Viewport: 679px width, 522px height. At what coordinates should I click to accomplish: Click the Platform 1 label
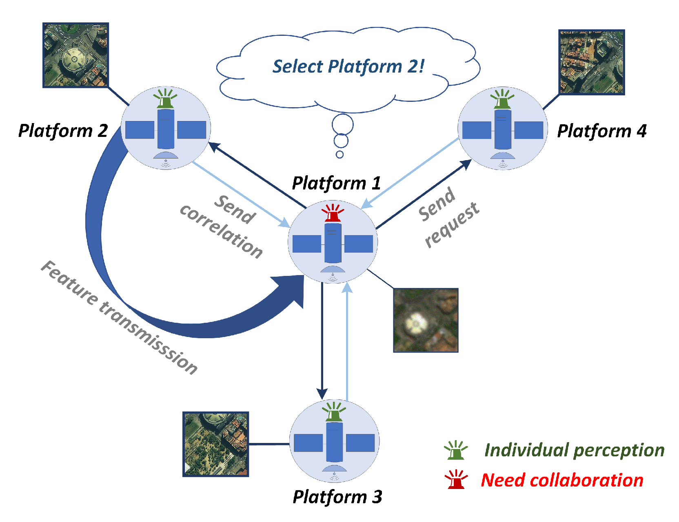coord(336,183)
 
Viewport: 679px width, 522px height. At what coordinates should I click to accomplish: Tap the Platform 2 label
coord(63,131)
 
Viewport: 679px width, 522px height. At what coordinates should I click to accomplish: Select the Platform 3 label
coord(337,497)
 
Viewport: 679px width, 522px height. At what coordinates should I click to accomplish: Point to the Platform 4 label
coord(601,131)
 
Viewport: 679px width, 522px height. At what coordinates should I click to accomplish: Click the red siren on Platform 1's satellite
coord(333,213)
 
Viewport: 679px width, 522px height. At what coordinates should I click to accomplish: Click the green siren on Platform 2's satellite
coord(165,99)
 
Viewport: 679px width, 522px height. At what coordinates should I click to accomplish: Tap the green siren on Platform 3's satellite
coord(334,412)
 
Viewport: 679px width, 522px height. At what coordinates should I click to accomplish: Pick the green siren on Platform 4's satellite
coord(502,99)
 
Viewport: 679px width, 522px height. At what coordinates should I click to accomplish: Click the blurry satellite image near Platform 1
coord(426,320)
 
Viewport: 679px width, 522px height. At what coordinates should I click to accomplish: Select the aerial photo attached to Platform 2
coord(75,55)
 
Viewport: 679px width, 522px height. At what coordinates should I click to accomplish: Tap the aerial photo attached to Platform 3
coord(215,444)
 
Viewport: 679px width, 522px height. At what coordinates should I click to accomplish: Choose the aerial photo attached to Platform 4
coord(591,62)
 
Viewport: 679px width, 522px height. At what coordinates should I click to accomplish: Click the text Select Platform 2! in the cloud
coord(348,66)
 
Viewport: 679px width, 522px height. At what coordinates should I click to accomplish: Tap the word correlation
coord(222,231)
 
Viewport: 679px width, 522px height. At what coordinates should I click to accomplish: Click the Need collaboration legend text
coord(562,480)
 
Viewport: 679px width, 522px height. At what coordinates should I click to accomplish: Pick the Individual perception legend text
coord(574,450)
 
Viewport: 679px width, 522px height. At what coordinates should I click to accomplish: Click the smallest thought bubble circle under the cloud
coord(339,154)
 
